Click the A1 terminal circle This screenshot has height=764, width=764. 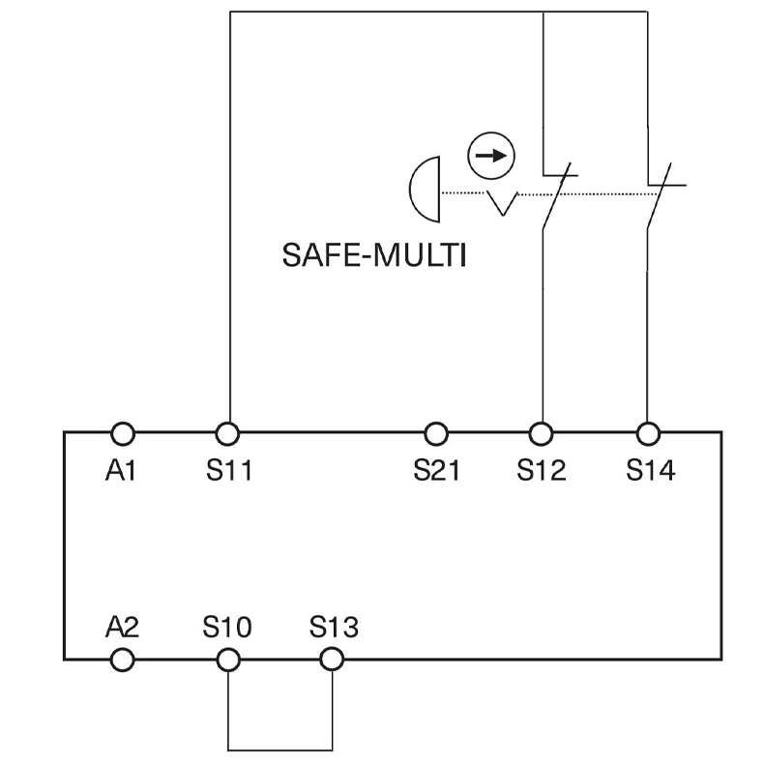[123, 432]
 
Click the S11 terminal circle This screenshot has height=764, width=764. [228, 432]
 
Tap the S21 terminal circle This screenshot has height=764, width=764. [436, 432]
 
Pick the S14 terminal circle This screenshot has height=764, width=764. [649, 432]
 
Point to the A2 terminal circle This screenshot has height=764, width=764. [123, 660]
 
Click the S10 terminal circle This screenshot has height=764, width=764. [228, 660]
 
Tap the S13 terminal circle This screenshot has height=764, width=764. [332, 660]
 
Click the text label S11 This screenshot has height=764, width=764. [228, 471]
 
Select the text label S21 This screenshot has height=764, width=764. [437, 471]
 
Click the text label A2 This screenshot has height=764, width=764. [123, 627]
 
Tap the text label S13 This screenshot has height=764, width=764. [334, 627]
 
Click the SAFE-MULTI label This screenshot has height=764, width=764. [373, 255]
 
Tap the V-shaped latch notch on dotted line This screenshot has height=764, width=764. [502, 202]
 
